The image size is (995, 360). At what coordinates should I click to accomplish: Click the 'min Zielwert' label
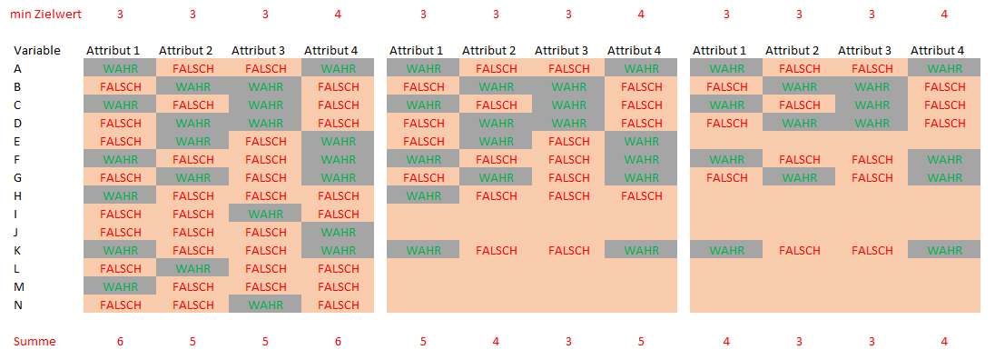pyautogui.click(x=45, y=14)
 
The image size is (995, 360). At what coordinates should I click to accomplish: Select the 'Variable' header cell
pyautogui.click(x=37, y=50)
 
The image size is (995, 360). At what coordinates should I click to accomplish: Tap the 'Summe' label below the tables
pyautogui.click(x=34, y=342)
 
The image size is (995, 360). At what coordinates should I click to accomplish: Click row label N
pyautogui.click(x=18, y=305)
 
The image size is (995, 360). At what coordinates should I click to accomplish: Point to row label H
pyautogui.click(x=18, y=195)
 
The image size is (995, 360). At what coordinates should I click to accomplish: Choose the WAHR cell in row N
pyautogui.click(x=265, y=305)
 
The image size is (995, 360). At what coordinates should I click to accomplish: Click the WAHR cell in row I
pyautogui.click(x=265, y=214)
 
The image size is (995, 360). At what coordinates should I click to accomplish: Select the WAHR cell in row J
pyautogui.click(x=338, y=232)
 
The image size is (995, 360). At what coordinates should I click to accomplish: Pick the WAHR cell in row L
pyautogui.click(x=192, y=268)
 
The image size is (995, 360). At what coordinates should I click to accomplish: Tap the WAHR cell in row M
pyautogui.click(x=120, y=286)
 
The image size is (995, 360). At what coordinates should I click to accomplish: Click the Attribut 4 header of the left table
pyautogui.click(x=338, y=50)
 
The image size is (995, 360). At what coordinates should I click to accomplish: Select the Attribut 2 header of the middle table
pyautogui.click(x=496, y=50)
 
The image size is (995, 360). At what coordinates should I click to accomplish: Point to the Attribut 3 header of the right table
pyautogui.click(x=872, y=50)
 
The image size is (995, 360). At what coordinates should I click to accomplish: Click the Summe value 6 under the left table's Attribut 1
pyautogui.click(x=120, y=342)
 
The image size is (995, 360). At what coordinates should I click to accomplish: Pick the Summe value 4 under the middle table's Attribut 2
pyautogui.click(x=496, y=342)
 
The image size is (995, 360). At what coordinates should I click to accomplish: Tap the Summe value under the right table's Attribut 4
pyautogui.click(x=944, y=342)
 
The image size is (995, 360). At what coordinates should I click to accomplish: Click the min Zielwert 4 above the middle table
pyautogui.click(x=641, y=14)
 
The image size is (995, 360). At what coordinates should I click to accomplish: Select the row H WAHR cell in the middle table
pyautogui.click(x=423, y=195)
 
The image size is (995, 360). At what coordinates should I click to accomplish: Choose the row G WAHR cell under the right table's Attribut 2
pyautogui.click(x=799, y=177)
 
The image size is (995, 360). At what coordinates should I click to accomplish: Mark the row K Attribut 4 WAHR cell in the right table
pyautogui.click(x=944, y=250)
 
